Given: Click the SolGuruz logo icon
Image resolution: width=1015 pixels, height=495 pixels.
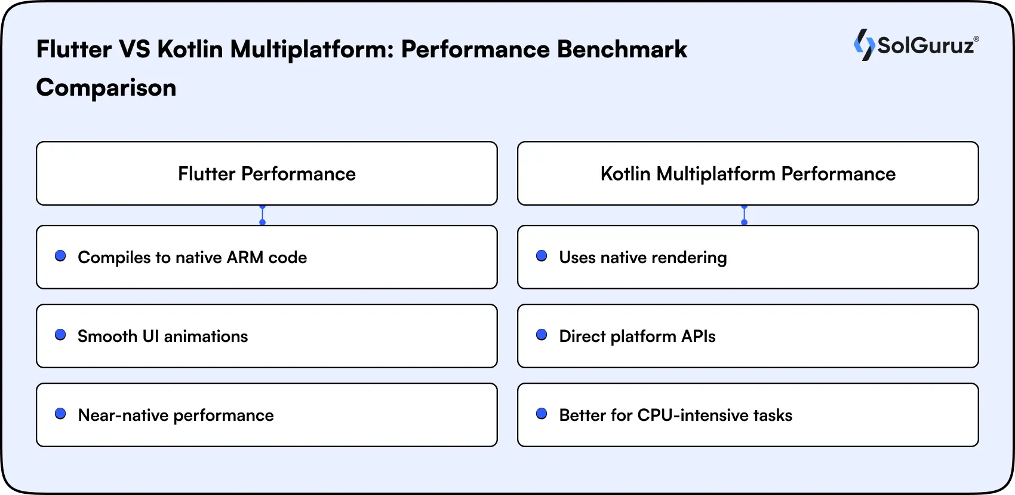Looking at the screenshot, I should pos(864,45).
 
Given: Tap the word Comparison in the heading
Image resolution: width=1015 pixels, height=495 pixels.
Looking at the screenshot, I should pos(106,88).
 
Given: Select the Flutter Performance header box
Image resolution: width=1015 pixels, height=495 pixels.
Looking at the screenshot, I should pos(267,173).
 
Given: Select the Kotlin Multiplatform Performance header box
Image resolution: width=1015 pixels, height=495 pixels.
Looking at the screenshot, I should pos(748,173).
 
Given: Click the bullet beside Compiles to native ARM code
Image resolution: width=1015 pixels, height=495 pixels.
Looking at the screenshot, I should pos(60,256).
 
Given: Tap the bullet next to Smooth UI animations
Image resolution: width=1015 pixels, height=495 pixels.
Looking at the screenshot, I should pos(60,335).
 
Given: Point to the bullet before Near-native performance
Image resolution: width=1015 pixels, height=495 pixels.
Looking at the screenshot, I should pos(60,414).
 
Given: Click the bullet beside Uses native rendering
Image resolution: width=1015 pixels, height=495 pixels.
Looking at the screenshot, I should pos(542,256).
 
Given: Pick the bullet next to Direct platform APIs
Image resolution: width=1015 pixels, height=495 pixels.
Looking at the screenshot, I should pos(542,335).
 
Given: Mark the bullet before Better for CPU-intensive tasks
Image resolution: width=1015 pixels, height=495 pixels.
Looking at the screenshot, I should pos(542,414).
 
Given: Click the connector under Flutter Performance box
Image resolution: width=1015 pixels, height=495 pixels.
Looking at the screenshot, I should pos(262,215).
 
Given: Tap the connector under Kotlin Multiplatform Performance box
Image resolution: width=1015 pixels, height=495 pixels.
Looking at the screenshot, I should pos(744,215).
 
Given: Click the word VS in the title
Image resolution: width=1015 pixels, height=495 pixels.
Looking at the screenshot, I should pos(134,49).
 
